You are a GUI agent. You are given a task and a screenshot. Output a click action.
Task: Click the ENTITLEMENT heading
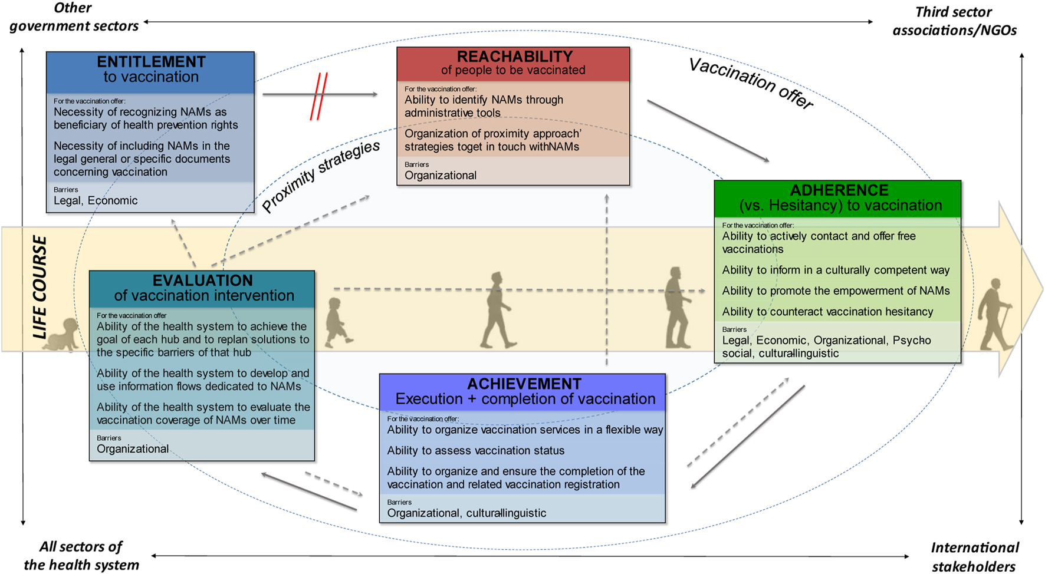coord(151,61)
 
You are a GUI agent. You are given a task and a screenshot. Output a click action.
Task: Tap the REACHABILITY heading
coord(515,57)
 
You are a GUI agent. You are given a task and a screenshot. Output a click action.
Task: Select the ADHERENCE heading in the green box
coord(839,190)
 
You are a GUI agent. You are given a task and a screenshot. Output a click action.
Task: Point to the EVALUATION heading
coord(203,280)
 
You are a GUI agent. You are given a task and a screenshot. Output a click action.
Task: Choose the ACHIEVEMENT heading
coord(524,384)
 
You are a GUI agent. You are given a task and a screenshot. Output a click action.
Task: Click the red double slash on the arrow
coord(319,96)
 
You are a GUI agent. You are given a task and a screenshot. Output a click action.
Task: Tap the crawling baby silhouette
coord(63,335)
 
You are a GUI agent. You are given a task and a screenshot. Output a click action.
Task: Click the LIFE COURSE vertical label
coord(40,287)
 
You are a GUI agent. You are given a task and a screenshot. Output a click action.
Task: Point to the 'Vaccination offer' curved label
coord(751,83)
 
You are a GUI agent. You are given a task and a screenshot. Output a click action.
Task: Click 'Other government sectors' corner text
coord(74,17)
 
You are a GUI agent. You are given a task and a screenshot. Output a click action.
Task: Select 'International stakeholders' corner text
coord(974,557)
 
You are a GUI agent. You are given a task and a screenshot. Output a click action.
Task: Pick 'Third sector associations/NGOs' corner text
coord(954,21)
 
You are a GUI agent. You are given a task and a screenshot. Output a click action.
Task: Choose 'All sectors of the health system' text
coord(81,556)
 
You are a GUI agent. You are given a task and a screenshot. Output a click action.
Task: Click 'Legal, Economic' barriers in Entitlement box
coord(96,200)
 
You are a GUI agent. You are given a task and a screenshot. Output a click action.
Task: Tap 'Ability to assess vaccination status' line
coord(476,450)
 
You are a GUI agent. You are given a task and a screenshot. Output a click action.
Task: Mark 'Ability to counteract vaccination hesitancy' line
coord(827,312)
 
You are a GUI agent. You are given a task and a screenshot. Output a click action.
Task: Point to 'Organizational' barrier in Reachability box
coord(441,175)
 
